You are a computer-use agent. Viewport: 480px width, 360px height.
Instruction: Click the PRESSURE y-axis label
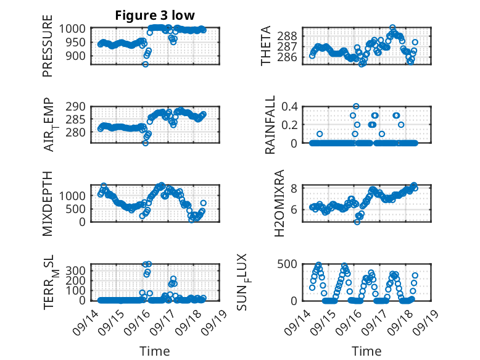48,50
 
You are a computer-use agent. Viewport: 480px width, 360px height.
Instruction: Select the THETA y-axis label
266,46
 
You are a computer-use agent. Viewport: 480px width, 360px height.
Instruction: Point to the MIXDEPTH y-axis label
48,204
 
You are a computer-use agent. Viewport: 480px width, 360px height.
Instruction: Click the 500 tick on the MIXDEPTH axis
81,208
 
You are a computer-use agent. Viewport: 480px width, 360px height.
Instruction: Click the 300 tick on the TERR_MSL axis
81,270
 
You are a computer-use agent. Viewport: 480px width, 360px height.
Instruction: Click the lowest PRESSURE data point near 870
146,64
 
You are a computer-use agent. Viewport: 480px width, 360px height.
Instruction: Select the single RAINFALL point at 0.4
356,106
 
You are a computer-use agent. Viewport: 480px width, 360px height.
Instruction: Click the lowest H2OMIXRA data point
357,222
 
